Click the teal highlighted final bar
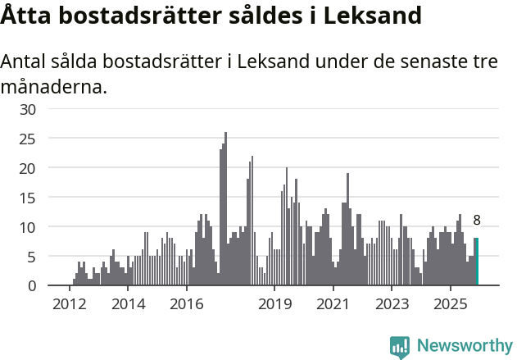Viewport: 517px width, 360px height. tap(476, 262)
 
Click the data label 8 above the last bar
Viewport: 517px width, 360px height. tap(477, 220)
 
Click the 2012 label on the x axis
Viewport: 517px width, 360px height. tap(69, 304)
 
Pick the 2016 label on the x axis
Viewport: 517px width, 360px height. tap(186, 304)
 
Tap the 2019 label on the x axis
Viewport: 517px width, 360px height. tap(274, 304)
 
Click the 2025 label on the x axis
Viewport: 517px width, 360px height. tap(450, 304)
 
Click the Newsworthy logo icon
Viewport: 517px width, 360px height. tap(400, 346)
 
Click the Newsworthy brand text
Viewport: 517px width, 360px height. tap(464, 346)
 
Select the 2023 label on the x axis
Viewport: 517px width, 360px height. tap(392, 304)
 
